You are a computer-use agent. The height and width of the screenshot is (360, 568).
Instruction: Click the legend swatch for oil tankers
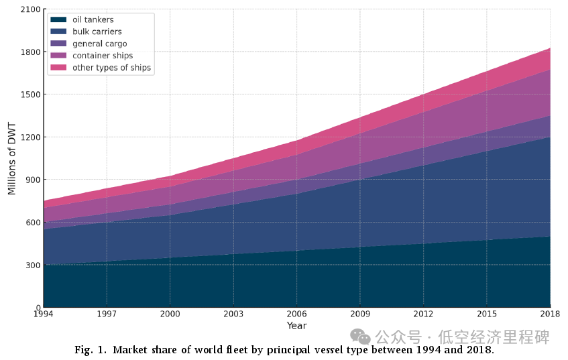58,19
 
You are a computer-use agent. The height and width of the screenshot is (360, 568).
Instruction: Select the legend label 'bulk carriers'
97,32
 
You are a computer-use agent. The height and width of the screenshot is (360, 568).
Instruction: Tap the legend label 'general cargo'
99,44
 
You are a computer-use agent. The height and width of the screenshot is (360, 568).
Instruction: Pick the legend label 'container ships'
103,56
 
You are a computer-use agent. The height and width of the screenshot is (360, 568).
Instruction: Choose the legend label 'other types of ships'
111,68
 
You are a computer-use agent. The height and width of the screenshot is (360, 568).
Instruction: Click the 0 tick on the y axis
38,308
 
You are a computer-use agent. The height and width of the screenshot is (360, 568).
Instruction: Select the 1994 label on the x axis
44,314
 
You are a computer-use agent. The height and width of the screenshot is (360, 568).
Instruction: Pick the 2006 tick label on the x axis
296,314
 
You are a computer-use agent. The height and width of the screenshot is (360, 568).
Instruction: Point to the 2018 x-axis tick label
550,314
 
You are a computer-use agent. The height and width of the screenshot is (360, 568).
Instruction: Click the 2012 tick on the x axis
423,314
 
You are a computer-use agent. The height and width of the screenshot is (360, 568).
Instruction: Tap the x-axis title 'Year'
296,326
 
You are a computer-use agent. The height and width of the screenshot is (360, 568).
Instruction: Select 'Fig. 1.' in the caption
91,350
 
